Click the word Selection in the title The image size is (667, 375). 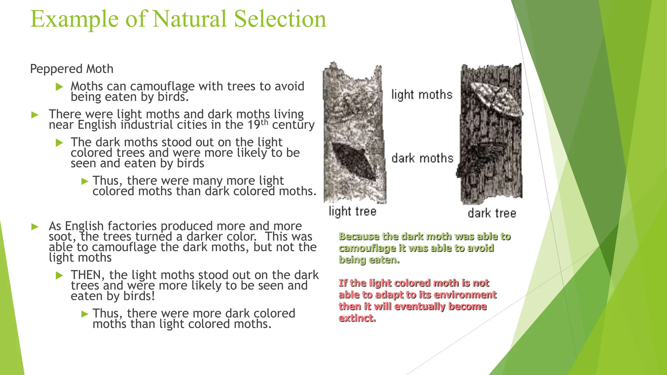click(280, 19)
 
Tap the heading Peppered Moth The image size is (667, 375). click(72, 69)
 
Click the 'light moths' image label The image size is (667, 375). click(422, 95)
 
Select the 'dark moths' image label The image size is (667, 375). click(422, 158)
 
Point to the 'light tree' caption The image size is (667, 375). click(352, 211)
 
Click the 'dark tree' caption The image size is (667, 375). click(492, 213)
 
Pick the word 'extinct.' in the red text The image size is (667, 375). click(357, 318)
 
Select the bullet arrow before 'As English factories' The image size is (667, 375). click(35, 227)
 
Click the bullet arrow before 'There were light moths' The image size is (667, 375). click(35, 115)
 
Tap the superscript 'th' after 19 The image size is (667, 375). click(264, 122)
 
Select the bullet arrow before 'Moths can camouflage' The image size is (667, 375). click(59, 87)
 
